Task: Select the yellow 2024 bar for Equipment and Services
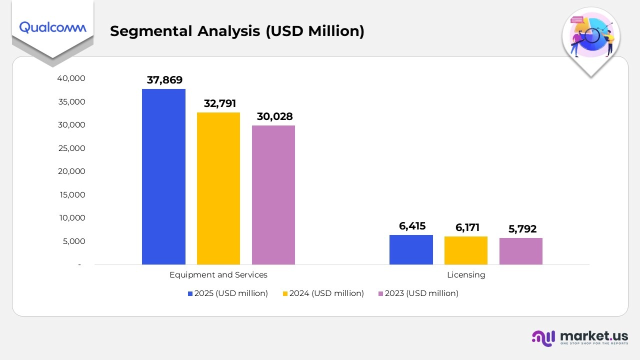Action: (218, 188)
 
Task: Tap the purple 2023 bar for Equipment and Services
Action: (273, 195)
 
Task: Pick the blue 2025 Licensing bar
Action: (411, 249)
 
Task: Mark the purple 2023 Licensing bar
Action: (521, 251)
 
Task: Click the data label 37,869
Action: (164, 80)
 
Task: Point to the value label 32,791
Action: (219, 103)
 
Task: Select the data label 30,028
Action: (274, 116)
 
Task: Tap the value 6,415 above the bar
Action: (412, 226)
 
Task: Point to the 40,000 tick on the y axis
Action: (71, 78)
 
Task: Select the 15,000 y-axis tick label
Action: (71, 194)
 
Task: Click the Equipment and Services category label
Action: (218, 275)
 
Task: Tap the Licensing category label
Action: (466, 275)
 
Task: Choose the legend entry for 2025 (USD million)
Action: (227, 293)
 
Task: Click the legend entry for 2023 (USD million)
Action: (418, 293)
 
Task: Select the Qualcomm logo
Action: (52, 27)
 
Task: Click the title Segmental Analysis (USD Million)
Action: (237, 31)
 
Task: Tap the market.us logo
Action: (579, 337)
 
